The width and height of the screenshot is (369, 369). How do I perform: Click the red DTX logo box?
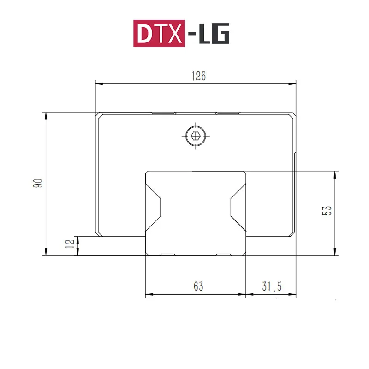coord(160,33)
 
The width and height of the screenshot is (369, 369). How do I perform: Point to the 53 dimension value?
coord(327,211)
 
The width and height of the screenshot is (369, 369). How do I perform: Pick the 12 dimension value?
coord(70,244)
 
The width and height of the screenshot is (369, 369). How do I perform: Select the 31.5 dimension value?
coord(272,286)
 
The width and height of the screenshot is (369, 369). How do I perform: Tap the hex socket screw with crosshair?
coord(196,136)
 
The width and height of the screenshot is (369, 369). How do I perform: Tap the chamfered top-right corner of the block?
coord(292,115)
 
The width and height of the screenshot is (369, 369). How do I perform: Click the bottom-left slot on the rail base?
coord(167,254)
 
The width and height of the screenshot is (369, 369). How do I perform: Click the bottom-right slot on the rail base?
coord(224,254)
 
